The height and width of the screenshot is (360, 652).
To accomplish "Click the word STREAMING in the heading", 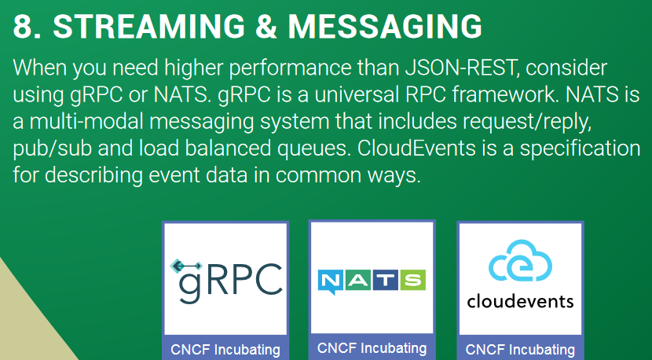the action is pyautogui.click(x=149, y=26).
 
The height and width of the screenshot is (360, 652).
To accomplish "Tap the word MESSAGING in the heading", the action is pyautogui.click(x=385, y=26).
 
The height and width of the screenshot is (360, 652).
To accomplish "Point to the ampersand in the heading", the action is pyautogui.click(x=266, y=26).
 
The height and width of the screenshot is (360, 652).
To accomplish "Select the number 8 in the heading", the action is pyautogui.click(x=24, y=26).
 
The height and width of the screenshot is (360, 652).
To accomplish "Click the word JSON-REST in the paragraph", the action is pyautogui.click(x=461, y=68).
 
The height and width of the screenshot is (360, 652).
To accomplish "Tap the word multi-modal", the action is pyautogui.click(x=87, y=122).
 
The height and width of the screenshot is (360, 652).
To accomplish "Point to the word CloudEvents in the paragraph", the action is pyautogui.click(x=416, y=149).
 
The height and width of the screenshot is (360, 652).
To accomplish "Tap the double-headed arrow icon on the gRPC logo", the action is pyautogui.click(x=186, y=266).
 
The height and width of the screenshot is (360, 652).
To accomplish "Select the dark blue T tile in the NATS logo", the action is pyautogui.click(x=386, y=280).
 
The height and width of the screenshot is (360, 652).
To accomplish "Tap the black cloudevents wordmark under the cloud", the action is pyautogui.click(x=520, y=300).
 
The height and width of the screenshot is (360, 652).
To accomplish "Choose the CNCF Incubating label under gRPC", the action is pyautogui.click(x=225, y=350).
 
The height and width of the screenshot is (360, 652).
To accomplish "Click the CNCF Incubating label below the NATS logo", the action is pyautogui.click(x=372, y=347).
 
